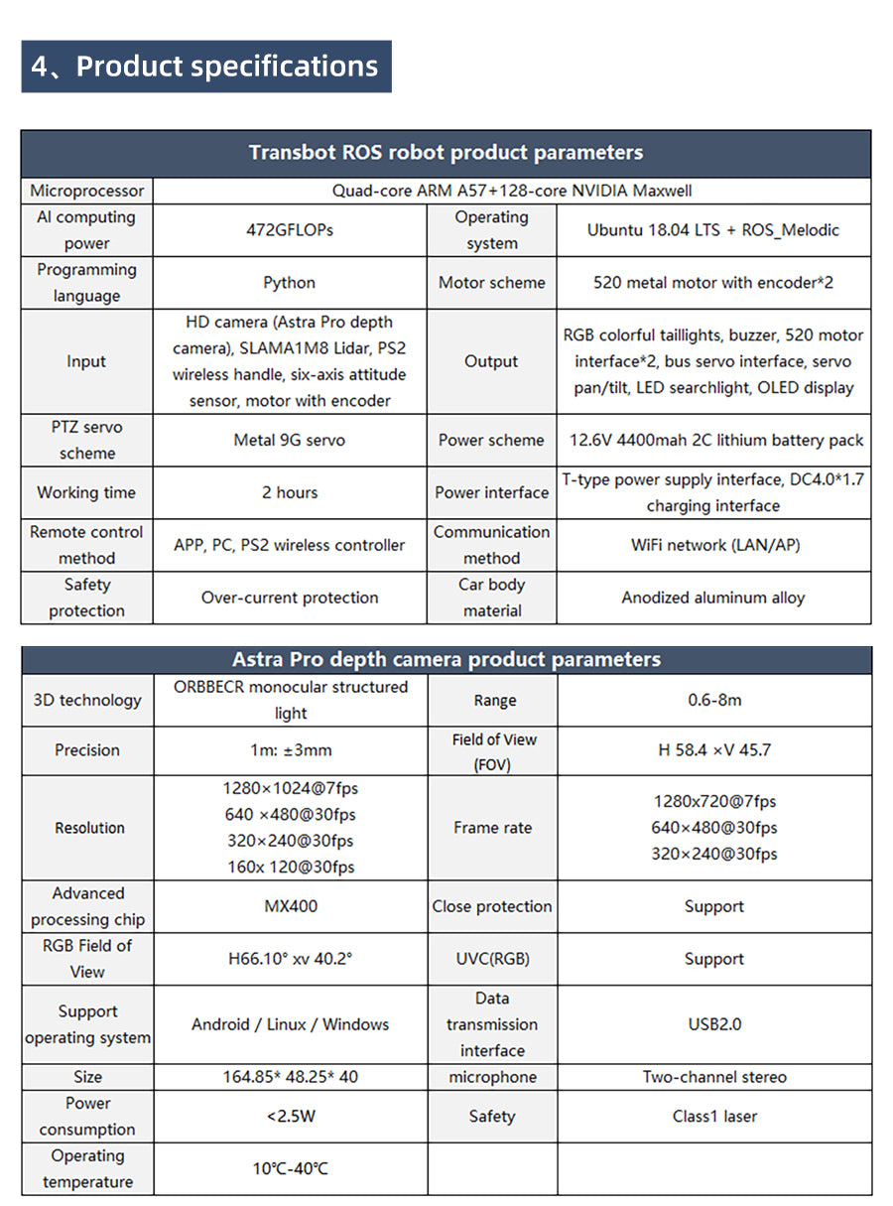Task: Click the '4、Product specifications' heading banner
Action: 205,67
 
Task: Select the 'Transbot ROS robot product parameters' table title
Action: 446,153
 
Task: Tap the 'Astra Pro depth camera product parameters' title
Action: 446,660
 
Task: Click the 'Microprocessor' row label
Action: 87,191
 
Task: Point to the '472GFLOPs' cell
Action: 290,230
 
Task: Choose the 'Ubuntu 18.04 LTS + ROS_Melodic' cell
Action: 712,230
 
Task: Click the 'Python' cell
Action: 290,283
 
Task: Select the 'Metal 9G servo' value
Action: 290,441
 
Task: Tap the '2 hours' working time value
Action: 290,492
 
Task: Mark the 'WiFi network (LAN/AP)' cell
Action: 714,545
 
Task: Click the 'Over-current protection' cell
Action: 290,598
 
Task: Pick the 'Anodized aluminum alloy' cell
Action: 713,598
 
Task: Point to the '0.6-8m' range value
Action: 714,700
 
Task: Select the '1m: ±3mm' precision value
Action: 291,750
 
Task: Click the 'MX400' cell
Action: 291,906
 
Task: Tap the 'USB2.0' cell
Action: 714,1024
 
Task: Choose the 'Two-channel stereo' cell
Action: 714,1077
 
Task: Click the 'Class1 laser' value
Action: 714,1117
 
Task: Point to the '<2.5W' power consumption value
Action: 291,1117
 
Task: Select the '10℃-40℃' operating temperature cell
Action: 290,1169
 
